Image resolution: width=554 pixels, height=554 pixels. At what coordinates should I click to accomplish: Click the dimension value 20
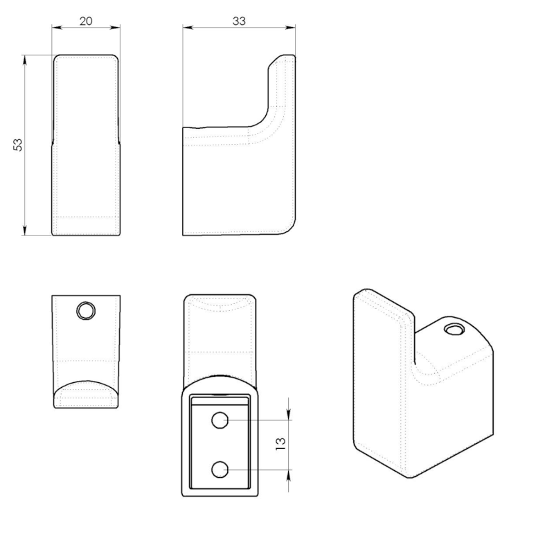click(86, 21)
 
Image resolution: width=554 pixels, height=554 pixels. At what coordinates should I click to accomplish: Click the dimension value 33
click(239, 21)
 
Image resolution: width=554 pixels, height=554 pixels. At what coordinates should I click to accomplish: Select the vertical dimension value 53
click(18, 145)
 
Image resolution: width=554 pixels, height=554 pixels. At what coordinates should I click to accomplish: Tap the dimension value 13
click(280, 444)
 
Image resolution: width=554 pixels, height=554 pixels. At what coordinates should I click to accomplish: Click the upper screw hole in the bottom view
click(220, 420)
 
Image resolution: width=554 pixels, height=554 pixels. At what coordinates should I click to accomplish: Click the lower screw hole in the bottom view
click(220, 470)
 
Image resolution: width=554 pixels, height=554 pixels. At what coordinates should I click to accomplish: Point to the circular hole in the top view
click(86, 311)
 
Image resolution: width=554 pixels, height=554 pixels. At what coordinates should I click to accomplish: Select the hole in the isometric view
click(454, 330)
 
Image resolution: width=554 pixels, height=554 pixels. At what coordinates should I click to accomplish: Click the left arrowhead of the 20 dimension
click(57, 27)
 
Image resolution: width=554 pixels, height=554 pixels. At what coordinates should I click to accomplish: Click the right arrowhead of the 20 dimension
click(115, 27)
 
